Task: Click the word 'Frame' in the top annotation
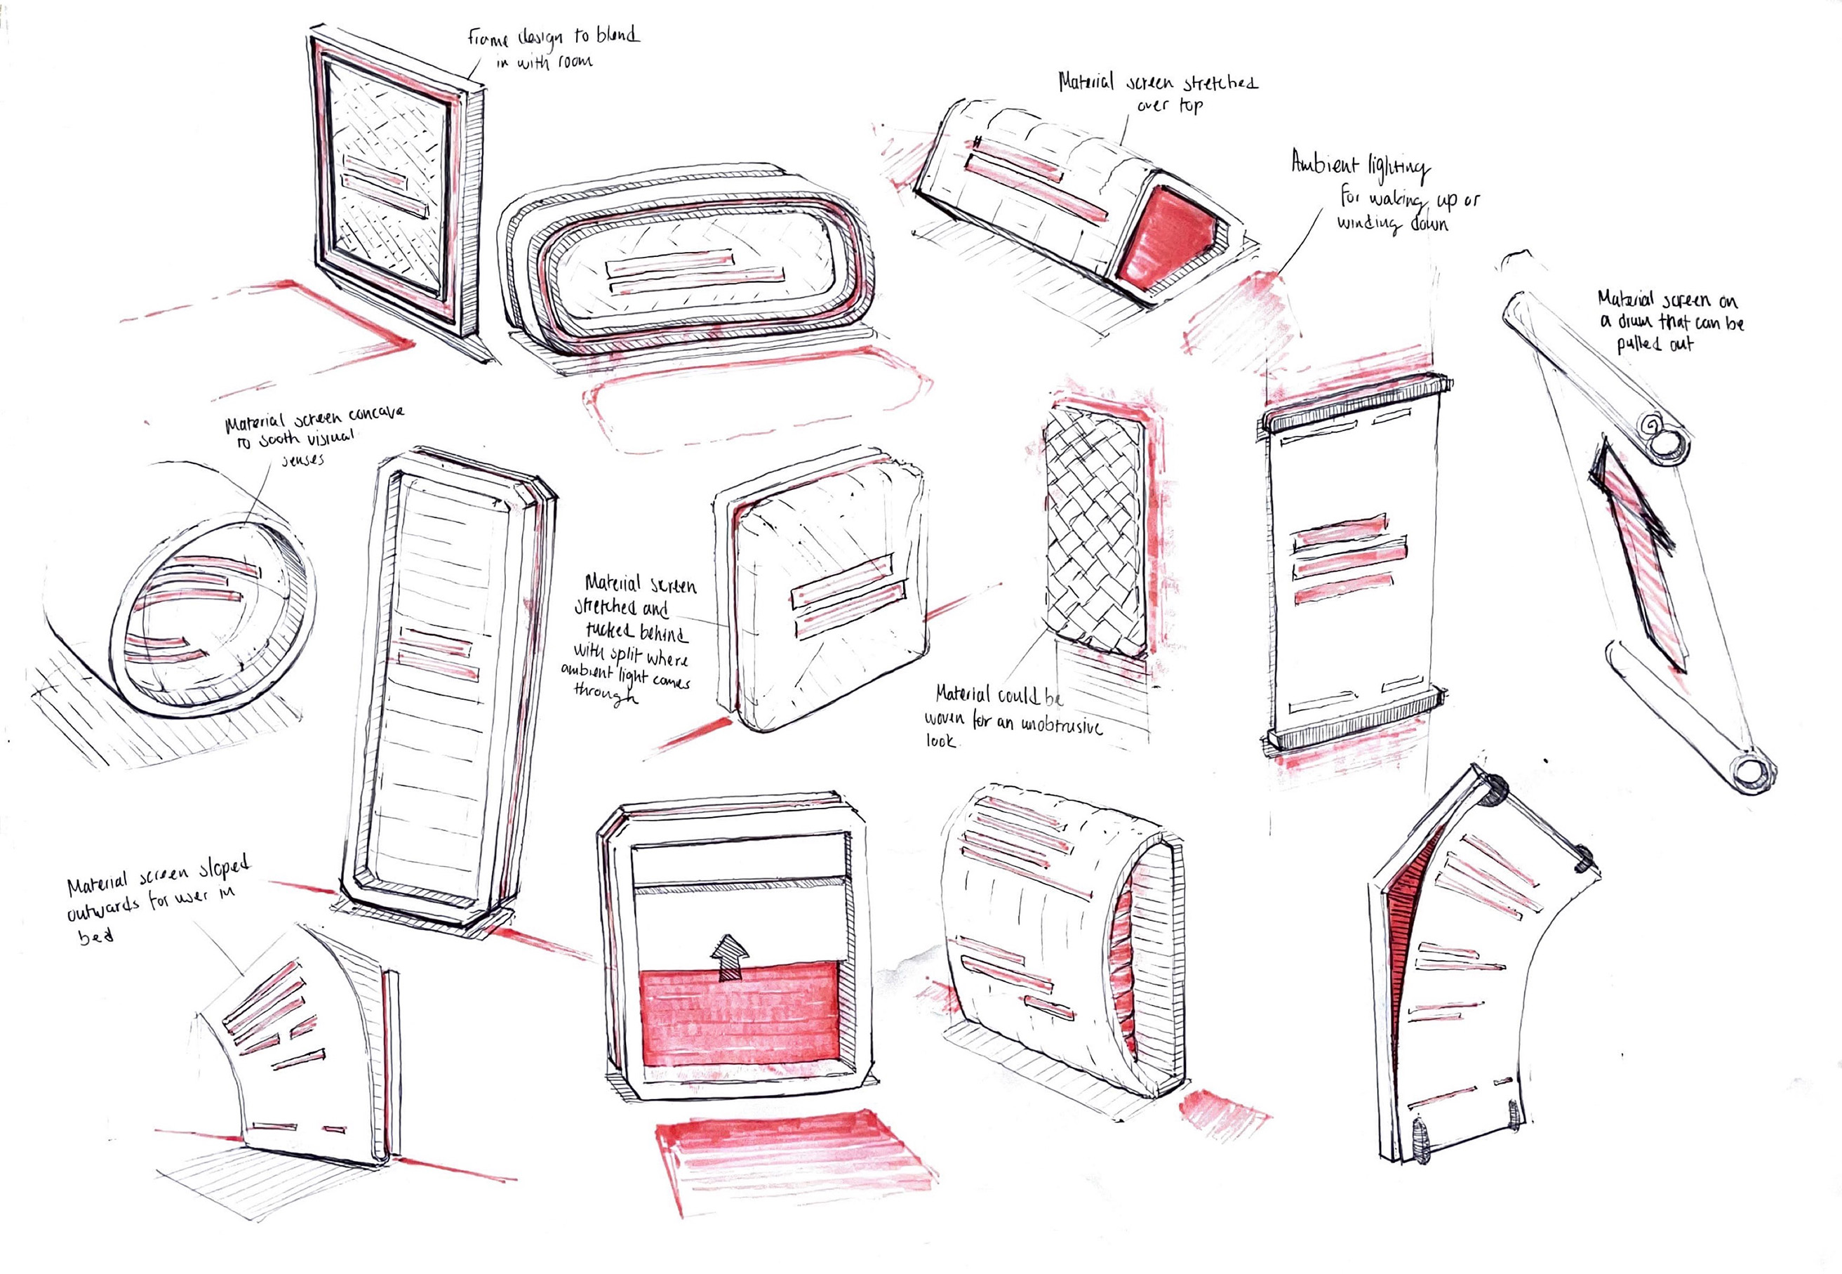point(488,39)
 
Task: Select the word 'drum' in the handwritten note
point(1637,321)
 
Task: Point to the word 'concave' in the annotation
point(376,415)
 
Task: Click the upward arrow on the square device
point(730,957)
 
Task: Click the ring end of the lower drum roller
point(1749,772)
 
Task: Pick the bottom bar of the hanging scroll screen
point(1353,720)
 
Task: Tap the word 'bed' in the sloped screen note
point(95,936)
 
